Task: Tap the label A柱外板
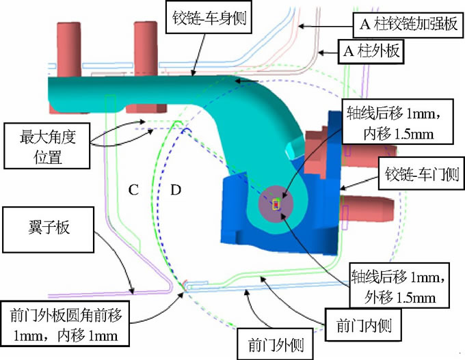tap(373, 51)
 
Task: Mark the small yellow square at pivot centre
tap(276, 203)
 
